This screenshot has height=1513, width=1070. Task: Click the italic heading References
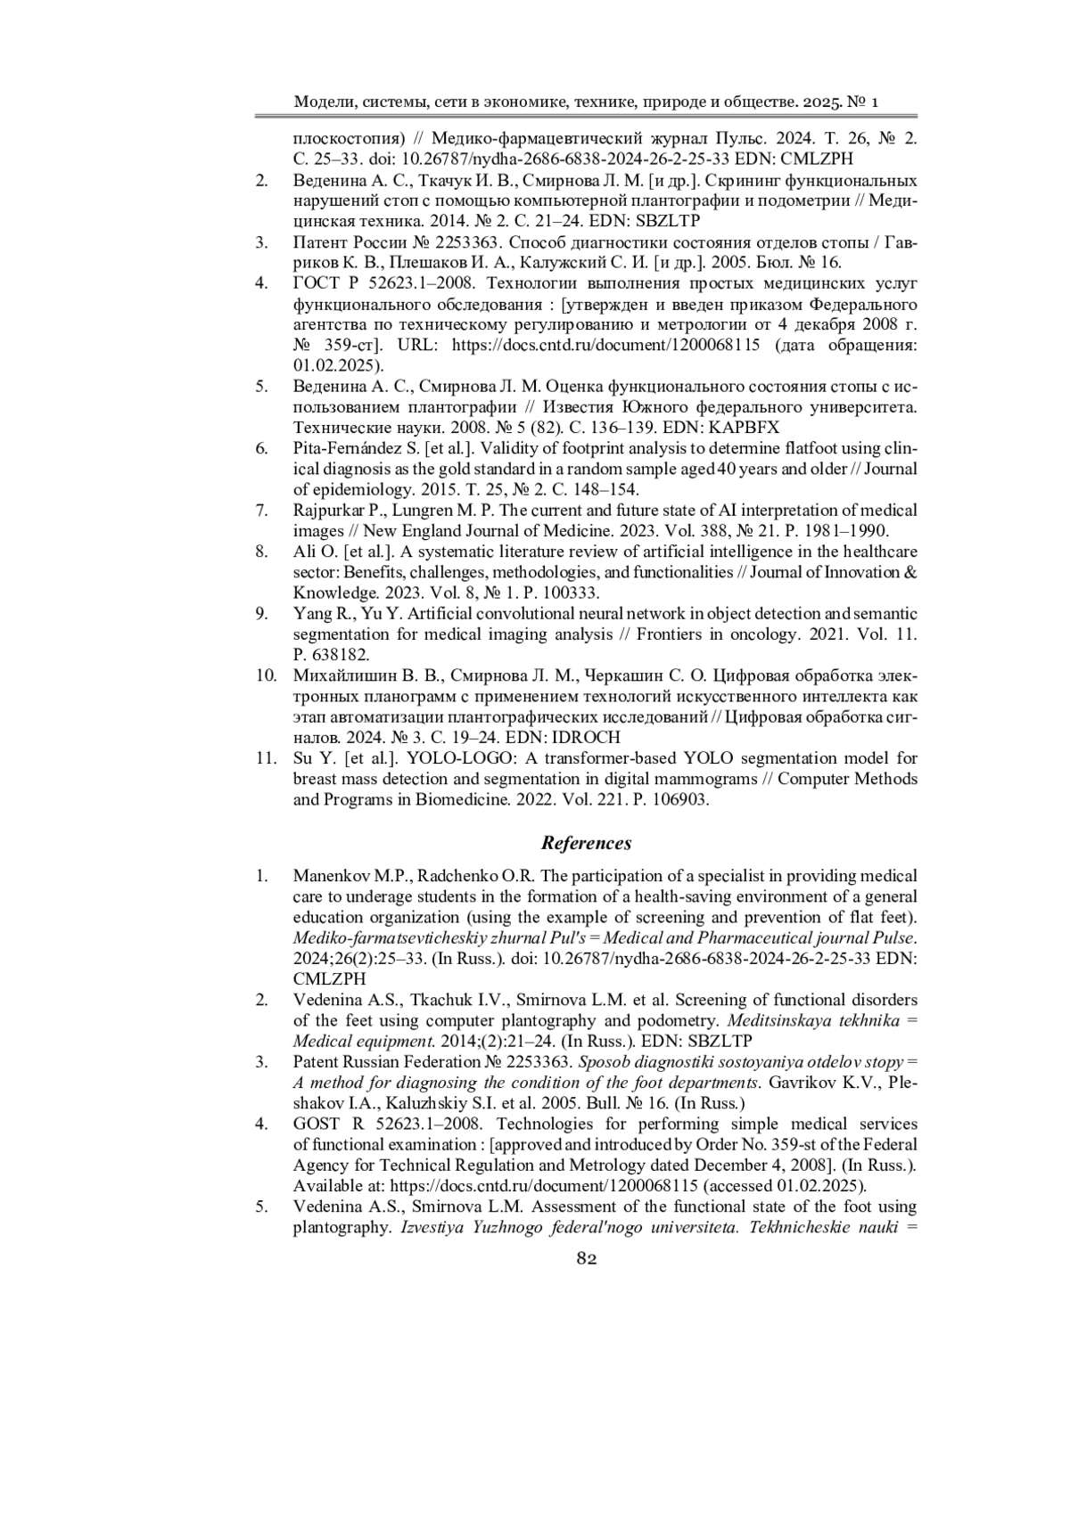pyautogui.click(x=587, y=843)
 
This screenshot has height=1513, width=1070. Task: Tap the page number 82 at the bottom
pyautogui.click(x=587, y=1258)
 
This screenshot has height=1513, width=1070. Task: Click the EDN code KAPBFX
pyautogui.click(x=746, y=428)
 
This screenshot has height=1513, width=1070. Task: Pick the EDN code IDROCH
pyautogui.click(x=587, y=738)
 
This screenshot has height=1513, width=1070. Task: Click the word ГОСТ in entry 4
pyautogui.click(x=317, y=283)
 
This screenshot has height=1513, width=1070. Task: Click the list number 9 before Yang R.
pyautogui.click(x=261, y=614)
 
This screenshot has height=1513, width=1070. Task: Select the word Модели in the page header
pyautogui.click(x=322, y=102)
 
